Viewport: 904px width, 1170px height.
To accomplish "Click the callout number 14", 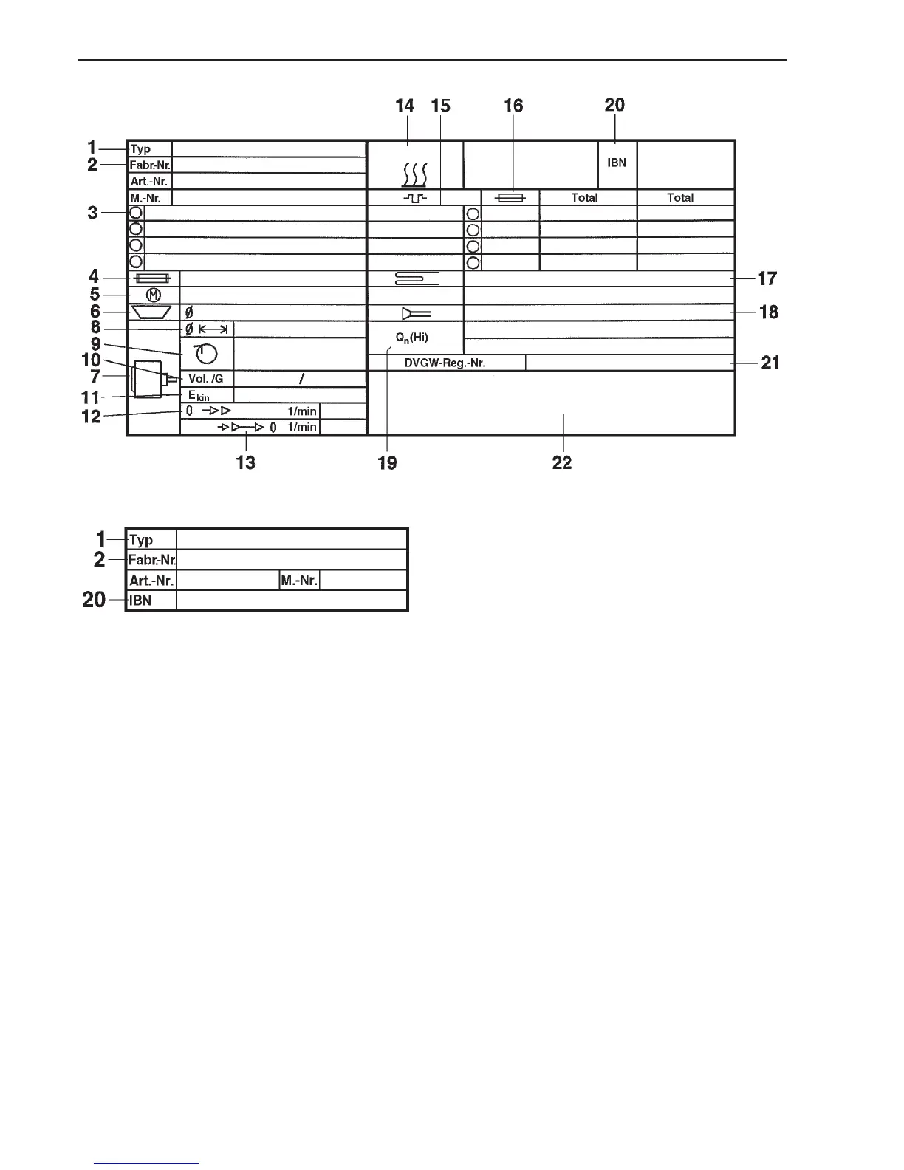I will pyautogui.click(x=405, y=106).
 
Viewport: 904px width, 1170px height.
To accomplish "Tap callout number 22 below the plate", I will pyautogui.click(x=562, y=463).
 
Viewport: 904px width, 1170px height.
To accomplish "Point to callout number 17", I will pyautogui.click(x=767, y=278).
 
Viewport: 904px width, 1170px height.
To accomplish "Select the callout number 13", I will pyautogui.click(x=245, y=462).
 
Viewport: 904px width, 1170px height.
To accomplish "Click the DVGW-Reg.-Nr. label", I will pyautogui.click(x=445, y=363).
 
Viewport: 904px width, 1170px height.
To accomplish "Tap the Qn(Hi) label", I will pyautogui.click(x=412, y=338).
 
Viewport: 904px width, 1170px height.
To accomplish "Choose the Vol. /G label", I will pyautogui.click(x=205, y=379).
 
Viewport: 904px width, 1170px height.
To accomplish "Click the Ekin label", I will pyautogui.click(x=199, y=396).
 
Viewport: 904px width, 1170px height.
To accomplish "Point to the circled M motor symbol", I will pyautogui.click(x=154, y=295).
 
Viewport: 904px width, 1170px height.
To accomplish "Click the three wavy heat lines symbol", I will pyautogui.click(x=414, y=175).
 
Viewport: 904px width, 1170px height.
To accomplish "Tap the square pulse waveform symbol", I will pyautogui.click(x=414, y=198).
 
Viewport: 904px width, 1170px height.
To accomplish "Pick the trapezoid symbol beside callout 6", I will pyautogui.click(x=151, y=312).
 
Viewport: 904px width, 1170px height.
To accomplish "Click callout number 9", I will pyautogui.click(x=95, y=344).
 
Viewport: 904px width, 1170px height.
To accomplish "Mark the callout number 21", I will pyautogui.click(x=770, y=363).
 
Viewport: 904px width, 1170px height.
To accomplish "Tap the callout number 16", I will pyautogui.click(x=513, y=106).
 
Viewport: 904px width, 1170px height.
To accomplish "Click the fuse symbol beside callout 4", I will pyautogui.click(x=153, y=278).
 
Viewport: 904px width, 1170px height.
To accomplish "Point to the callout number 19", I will pyautogui.click(x=387, y=463).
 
